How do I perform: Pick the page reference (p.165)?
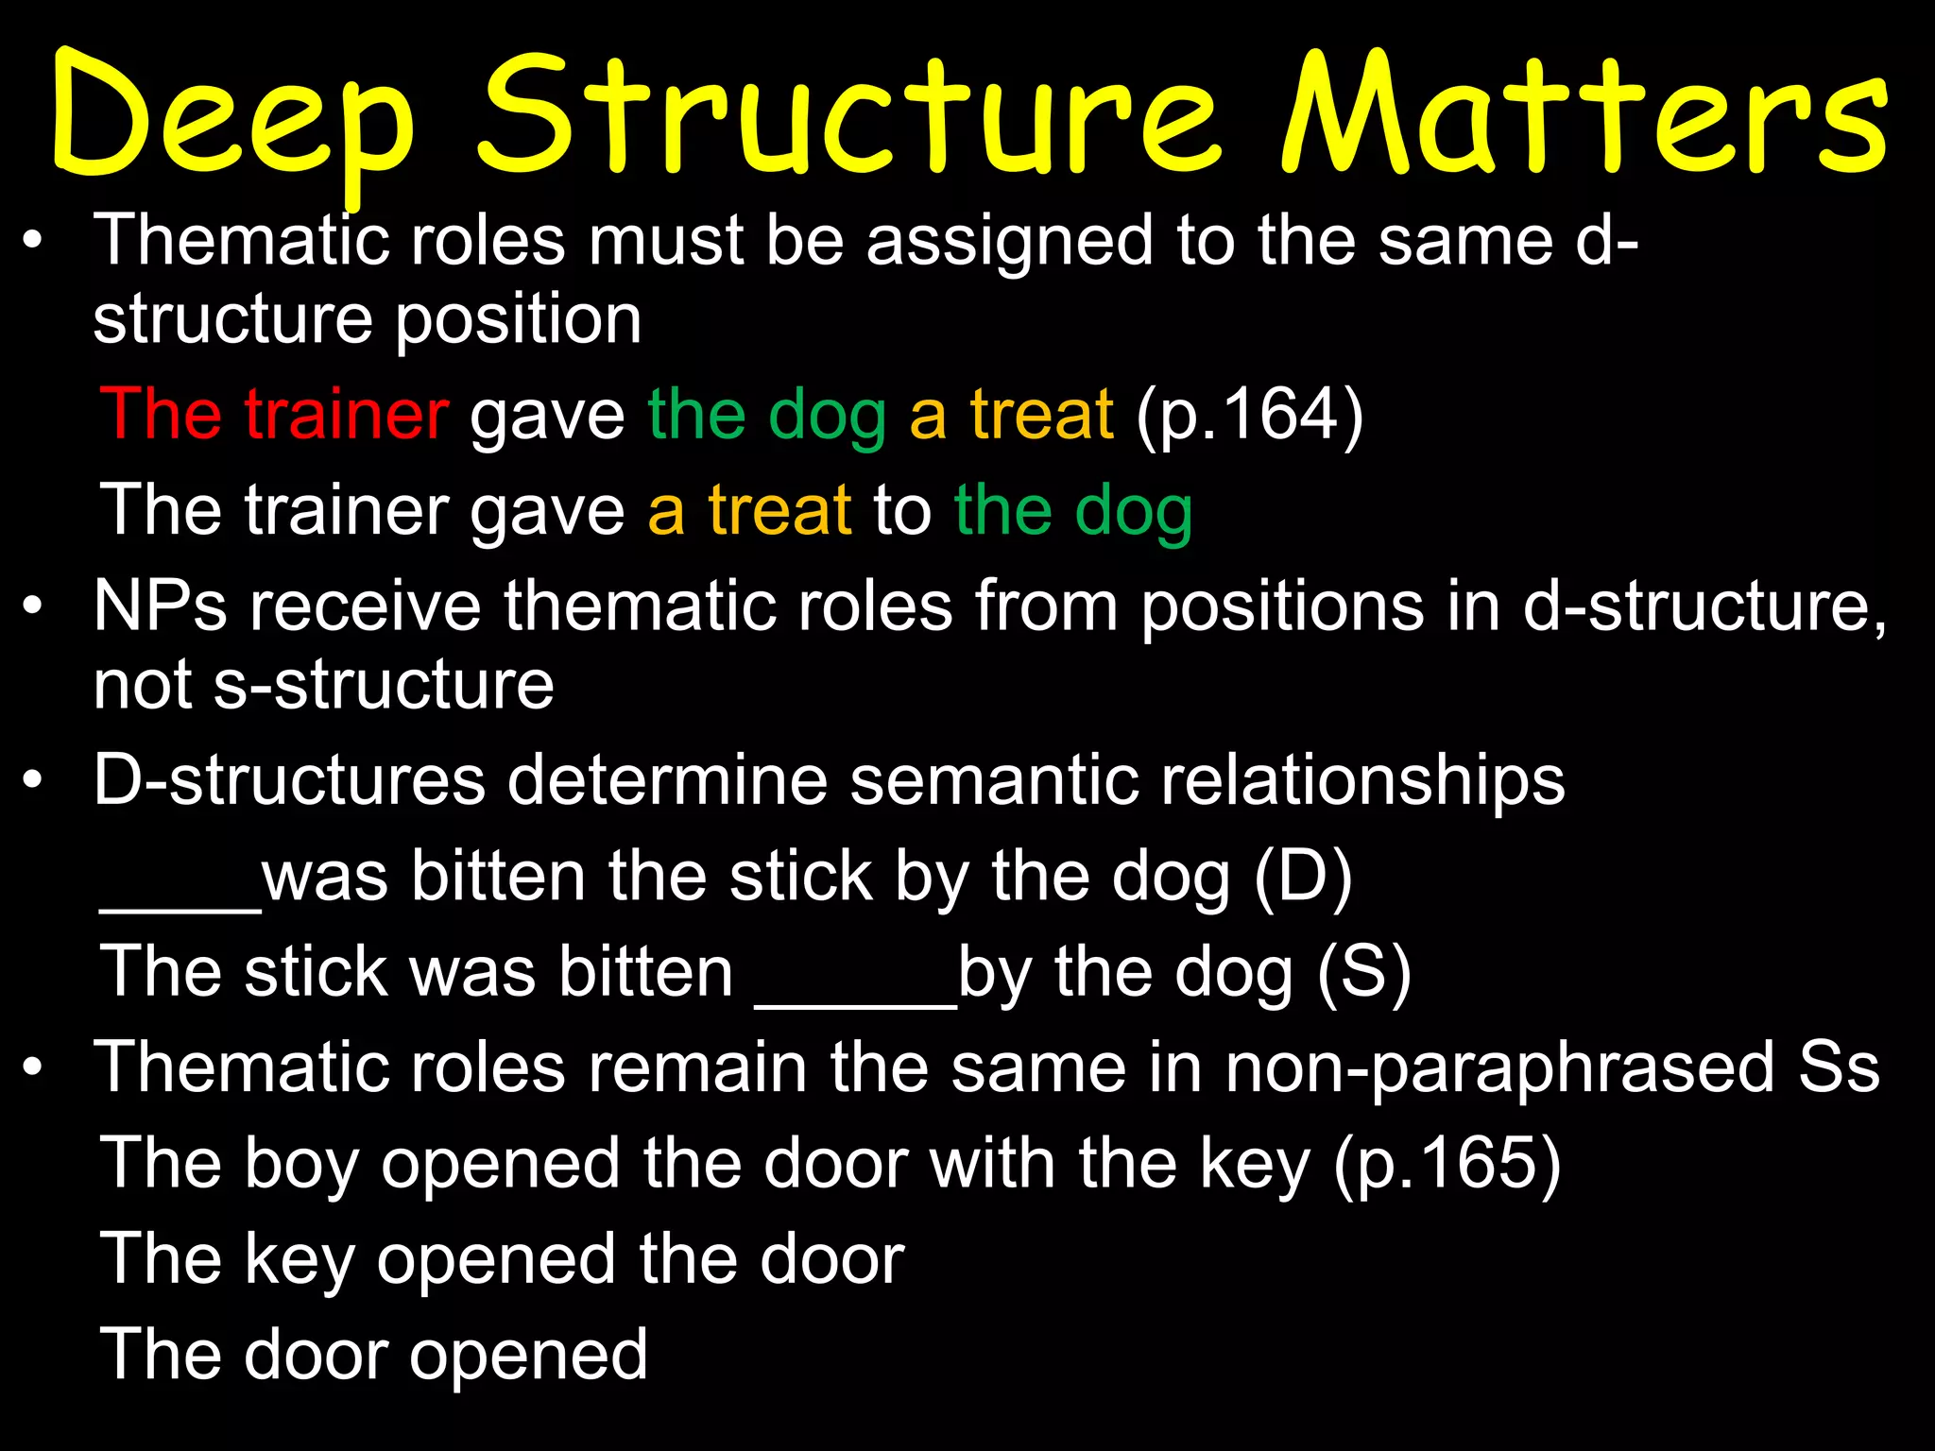click(x=1447, y=1163)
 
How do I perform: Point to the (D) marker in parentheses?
click(x=1303, y=877)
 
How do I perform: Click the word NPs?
click(x=160, y=606)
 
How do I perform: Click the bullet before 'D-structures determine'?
click(x=34, y=782)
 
